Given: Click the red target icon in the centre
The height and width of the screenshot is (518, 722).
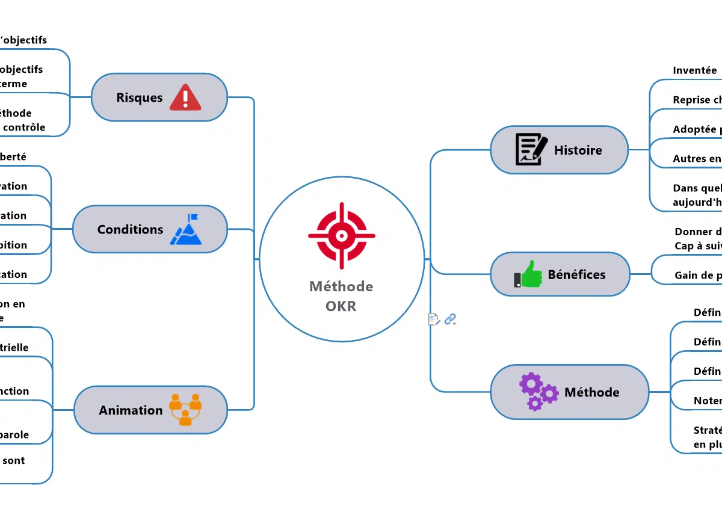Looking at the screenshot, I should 341,235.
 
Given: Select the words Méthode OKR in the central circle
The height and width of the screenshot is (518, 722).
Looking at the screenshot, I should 341,296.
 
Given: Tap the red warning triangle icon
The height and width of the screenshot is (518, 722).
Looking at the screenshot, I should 185,97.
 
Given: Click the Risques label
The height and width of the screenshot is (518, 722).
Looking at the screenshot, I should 140,97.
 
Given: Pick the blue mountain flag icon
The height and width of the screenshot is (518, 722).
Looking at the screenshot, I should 187,229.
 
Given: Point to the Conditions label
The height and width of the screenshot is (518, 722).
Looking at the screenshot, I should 130,229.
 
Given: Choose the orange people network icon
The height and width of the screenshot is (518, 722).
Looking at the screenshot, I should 185,410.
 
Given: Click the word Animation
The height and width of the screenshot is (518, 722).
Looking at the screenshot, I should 131,410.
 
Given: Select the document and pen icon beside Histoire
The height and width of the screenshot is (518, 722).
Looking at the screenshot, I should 531,150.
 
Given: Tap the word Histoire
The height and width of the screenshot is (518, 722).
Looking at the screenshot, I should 578,150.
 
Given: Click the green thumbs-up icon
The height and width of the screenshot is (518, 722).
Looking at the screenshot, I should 528,274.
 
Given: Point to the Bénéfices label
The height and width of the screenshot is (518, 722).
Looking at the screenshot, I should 576,275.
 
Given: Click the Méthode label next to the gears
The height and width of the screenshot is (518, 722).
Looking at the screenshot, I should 591,392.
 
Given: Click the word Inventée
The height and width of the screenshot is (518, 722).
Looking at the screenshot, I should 694,70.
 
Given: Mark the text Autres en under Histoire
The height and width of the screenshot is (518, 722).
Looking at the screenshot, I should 697,159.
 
